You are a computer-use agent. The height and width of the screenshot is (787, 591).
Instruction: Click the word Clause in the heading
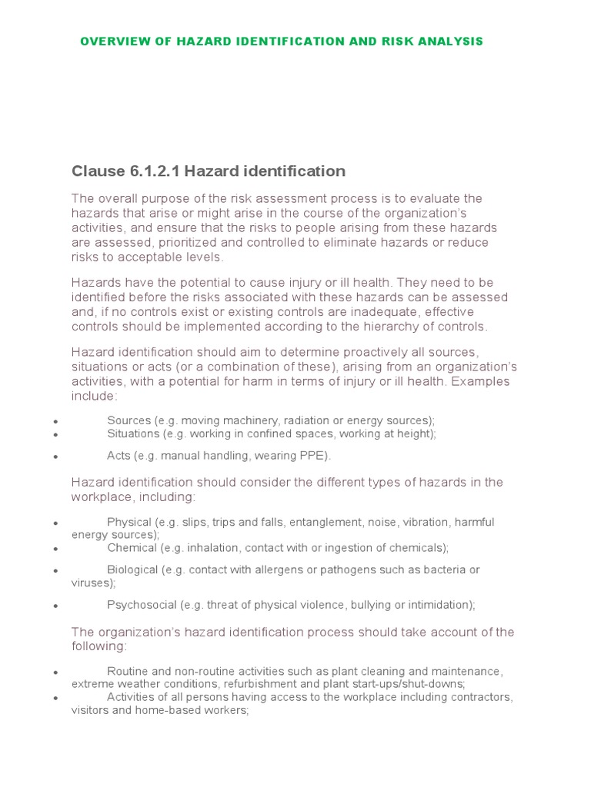pos(97,171)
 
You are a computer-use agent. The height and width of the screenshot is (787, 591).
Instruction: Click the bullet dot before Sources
pos(56,421)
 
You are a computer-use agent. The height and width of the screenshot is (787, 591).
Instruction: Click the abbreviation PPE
pos(316,456)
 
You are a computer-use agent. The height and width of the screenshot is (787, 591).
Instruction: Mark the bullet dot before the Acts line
pos(56,457)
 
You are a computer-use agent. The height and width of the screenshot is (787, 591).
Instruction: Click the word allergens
pos(283,569)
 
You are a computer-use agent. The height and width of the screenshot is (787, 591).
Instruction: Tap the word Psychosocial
pos(142,605)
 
